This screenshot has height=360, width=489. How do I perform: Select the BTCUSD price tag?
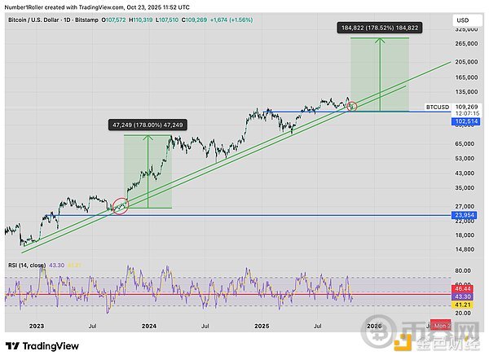coord(438,107)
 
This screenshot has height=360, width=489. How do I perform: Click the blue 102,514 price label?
coord(467,121)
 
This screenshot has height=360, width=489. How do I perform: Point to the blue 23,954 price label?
coord(466,214)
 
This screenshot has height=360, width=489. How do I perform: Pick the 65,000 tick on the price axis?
coord(465,143)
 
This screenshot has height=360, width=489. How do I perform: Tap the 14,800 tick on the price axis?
coord(465,249)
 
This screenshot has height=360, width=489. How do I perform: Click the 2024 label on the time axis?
coord(149,324)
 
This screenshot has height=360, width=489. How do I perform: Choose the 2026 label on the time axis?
coord(374,324)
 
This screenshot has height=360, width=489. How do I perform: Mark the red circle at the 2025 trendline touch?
coord(352,105)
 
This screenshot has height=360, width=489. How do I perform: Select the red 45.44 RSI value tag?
coord(465,289)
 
